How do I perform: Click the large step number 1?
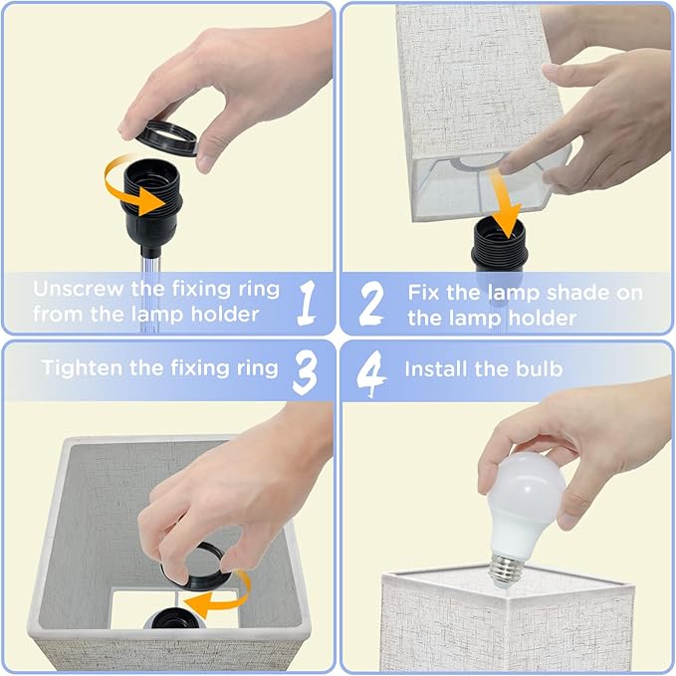click(x=308, y=303)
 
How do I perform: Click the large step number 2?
click(x=371, y=304)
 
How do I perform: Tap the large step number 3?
click(x=306, y=372)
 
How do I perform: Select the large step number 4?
click(x=370, y=373)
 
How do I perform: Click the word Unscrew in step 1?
click(x=79, y=289)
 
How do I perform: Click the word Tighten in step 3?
click(x=82, y=368)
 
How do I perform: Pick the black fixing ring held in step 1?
click(x=166, y=138)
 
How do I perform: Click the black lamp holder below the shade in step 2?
click(x=499, y=245)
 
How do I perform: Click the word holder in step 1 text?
click(x=225, y=315)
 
